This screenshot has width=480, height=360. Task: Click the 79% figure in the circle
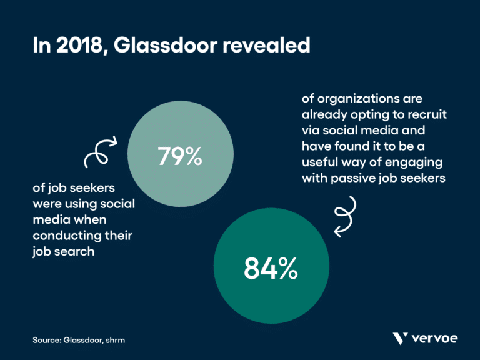tap(179, 156)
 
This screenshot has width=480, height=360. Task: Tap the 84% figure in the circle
tap(270, 269)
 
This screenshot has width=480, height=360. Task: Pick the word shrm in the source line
tap(122, 340)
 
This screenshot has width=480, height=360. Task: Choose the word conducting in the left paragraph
tap(64, 236)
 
